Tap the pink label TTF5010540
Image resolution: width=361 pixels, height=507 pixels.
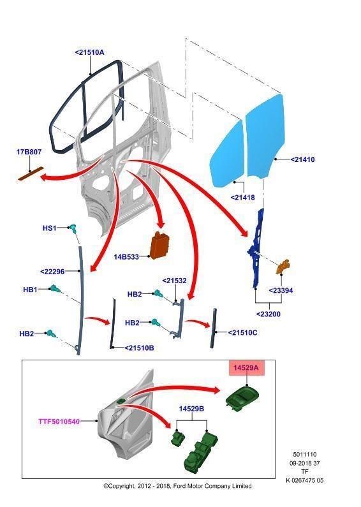pyautogui.click(x=59, y=422)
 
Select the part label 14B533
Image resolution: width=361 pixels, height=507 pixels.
pyautogui.click(x=126, y=257)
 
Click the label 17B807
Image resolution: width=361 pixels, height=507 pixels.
pyautogui.click(x=29, y=151)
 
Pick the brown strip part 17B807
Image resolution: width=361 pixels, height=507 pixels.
pyautogui.click(x=31, y=173)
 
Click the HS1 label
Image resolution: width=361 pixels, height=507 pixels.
pyautogui.click(x=50, y=228)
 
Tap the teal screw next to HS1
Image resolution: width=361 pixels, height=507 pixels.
pyautogui.click(x=73, y=228)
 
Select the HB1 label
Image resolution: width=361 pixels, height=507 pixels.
pyautogui.click(x=30, y=290)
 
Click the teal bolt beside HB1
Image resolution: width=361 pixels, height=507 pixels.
pyautogui.click(x=54, y=288)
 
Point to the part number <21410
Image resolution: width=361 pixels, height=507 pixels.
pyautogui.click(x=302, y=159)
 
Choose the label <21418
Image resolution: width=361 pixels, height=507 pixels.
pyautogui.click(x=243, y=197)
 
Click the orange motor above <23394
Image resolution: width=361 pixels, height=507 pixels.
pyautogui.click(x=283, y=267)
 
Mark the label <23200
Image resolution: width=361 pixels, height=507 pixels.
pyautogui.click(x=269, y=314)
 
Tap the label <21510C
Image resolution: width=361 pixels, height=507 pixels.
pyautogui.click(x=242, y=332)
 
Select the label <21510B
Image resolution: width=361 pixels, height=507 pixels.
pyautogui.click(x=139, y=348)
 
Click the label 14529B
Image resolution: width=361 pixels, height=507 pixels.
pyautogui.click(x=191, y=409)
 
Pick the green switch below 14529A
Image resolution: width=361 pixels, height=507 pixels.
pyautogui.click(x=243, y=399)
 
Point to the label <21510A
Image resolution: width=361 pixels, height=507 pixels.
pyautogui.click(x=89, y=52)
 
